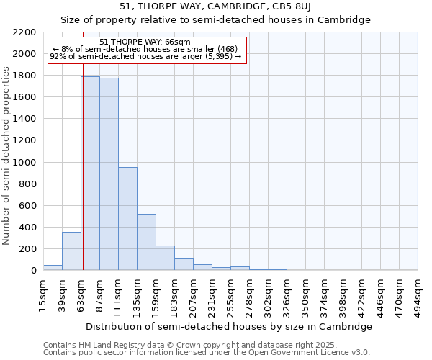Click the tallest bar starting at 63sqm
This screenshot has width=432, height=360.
pos(90,173)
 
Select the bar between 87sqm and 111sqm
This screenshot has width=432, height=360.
pos(109,174)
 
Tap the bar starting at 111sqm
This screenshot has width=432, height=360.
pos(127,218)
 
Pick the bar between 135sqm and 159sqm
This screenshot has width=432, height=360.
pos(146,242)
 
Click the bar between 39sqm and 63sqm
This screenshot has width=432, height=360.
pos(71,251)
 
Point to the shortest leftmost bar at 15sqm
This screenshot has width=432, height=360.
pos(53,267)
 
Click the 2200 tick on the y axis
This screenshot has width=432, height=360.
pos(24,32)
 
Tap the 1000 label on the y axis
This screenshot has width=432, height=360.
pos(24,163)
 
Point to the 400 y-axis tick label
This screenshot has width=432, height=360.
pos(27,228)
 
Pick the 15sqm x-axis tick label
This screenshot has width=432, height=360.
pos(44,294)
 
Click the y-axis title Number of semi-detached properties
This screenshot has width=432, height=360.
pos(7,156)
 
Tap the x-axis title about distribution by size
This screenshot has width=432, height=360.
pos(230,326)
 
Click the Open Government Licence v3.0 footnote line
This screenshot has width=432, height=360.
pos(206,353)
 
